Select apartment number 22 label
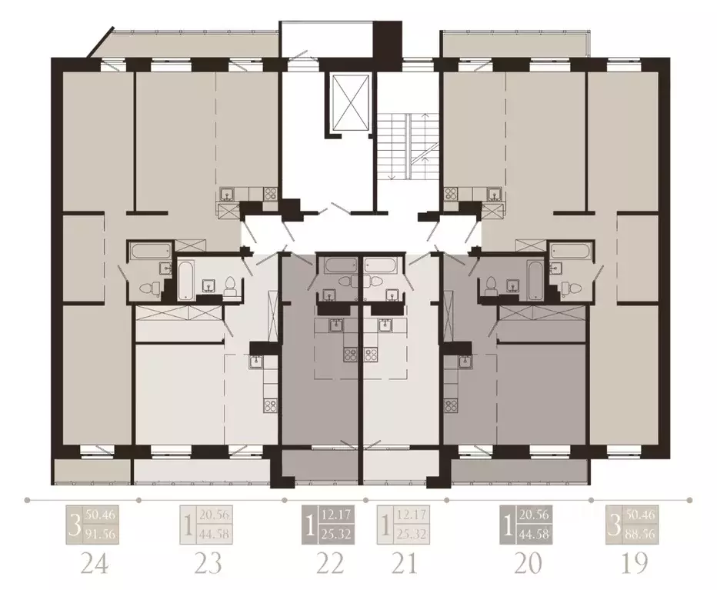331,564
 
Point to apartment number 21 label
403,564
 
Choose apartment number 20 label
527,564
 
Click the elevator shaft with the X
349,103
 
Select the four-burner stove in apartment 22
350,356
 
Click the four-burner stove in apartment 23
270,402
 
